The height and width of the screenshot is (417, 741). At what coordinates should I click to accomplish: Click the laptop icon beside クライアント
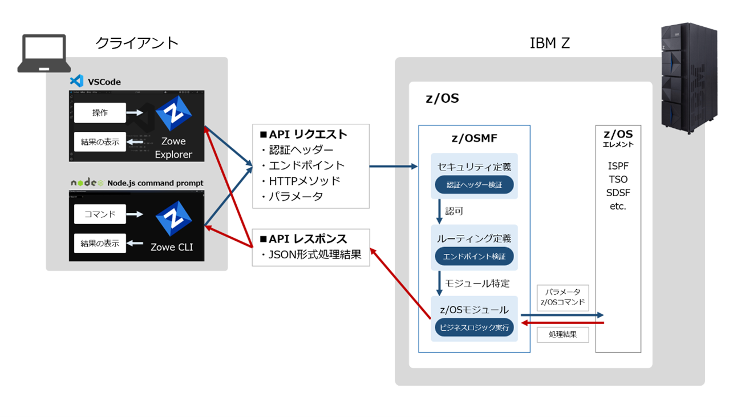[44, 54]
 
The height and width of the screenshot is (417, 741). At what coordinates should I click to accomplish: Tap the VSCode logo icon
[76, 82]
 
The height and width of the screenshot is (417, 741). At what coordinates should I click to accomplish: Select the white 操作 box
[100, 113]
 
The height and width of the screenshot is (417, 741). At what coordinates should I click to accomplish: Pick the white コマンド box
[100, 214]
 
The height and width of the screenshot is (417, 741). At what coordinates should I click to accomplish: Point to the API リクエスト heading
[303, 135]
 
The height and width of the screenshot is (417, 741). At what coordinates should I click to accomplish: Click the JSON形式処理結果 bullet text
[311, 255]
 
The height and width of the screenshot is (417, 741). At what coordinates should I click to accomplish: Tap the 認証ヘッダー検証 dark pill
[474, 185]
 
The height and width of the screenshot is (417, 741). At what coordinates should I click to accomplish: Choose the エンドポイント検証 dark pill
[474, 256]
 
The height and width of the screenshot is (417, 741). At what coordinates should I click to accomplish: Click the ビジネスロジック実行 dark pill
[474, 327]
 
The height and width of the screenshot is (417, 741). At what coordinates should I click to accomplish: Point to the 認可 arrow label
[454, 211]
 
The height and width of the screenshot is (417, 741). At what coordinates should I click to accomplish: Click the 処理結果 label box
[562, 335]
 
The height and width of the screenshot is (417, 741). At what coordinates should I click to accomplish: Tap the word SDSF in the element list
[618, 193]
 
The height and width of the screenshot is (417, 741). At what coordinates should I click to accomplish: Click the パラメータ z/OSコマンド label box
[562, 297]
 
